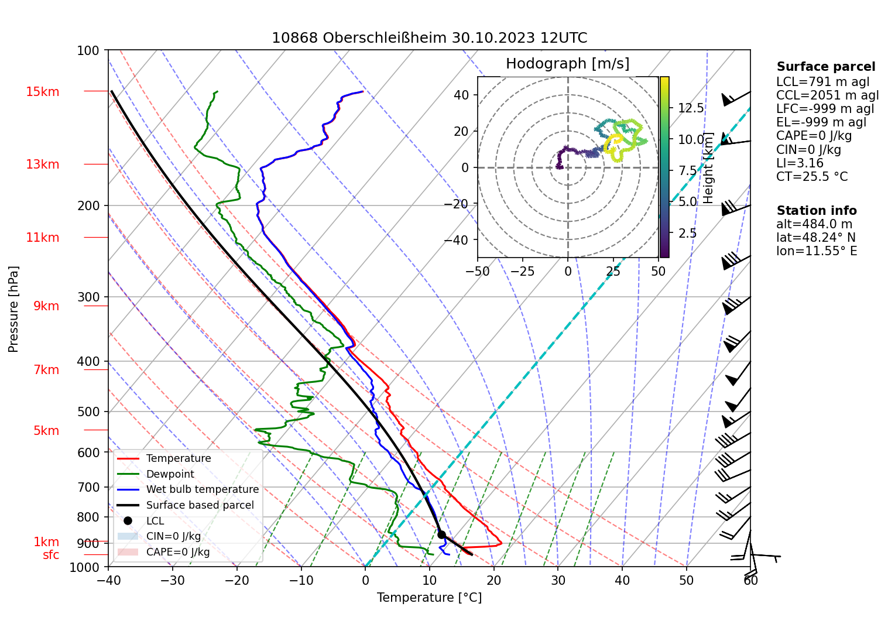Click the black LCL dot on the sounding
click(x=441, y=534)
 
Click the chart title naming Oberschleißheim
click(x=429, y=38)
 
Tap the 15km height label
click(x=42, y=92)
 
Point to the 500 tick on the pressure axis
click(x=88, y=412)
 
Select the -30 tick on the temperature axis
click(x=173, y=580)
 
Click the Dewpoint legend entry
click(x=170, y=474)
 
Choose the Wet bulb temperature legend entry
click(x=202, y=489)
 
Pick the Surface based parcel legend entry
click(x=200, y=505)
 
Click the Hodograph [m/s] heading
click(x=567, y=63)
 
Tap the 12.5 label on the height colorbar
click(x=691, y=108)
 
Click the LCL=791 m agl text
click(x=822, y=82)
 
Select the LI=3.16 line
click(x=800, y=163)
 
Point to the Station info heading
click(x=816, y=211)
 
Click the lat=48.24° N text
click(x=815, y=238)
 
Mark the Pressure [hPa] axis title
click(x=13, y=309)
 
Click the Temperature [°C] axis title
click(x=429, y=598)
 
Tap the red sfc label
click(x=51, y=555)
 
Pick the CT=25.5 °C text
click(x=811, y=177)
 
